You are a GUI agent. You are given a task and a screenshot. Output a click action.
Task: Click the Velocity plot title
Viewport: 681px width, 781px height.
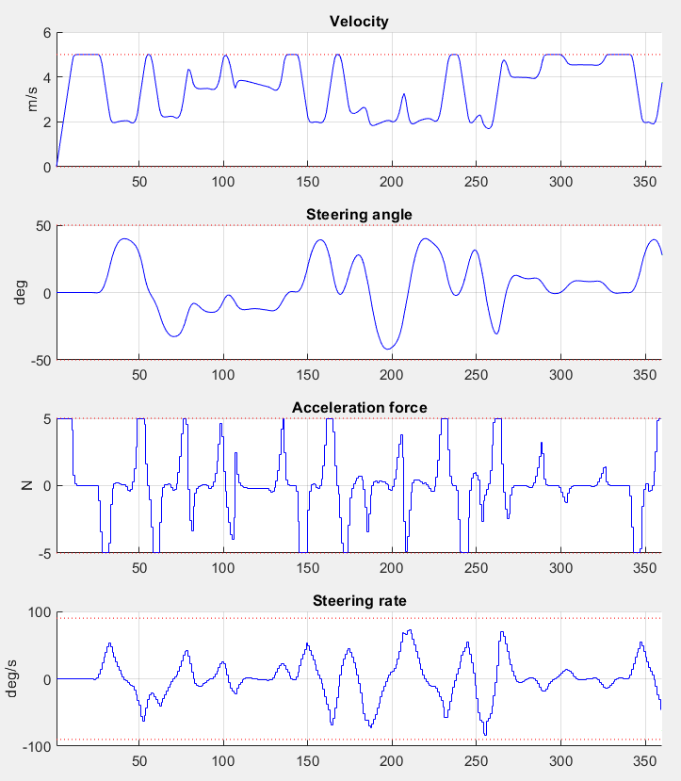coord(359,22)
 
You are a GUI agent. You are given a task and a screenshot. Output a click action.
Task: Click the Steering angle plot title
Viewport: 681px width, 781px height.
coord(359,215)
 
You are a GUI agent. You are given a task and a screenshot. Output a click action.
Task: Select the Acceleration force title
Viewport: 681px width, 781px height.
coord(359,407)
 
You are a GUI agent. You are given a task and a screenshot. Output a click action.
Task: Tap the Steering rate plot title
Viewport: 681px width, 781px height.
coord(359,600)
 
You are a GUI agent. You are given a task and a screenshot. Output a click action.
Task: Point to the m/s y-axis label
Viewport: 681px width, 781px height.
coord(33,99)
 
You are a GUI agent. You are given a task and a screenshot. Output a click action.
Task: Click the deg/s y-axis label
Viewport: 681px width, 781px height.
coord(20,678)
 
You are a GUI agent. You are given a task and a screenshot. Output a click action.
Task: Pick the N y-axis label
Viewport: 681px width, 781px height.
coord(27,485)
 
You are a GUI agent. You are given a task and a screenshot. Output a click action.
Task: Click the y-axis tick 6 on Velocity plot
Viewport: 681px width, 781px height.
coord(45,32)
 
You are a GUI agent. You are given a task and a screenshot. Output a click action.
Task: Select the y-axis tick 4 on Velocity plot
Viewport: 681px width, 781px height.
coord(45,77)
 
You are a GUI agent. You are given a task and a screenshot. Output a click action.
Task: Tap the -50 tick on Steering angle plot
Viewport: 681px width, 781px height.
coord(40,360)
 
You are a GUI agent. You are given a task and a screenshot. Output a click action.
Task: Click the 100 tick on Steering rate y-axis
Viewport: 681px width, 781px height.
coord(39,611)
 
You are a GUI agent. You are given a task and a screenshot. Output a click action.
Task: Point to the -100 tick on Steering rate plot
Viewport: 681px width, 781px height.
coord(36,746)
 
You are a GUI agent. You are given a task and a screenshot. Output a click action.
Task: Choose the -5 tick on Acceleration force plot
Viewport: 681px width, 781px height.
coord(42,553)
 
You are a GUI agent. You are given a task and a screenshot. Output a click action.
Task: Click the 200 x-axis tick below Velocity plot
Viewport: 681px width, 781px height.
coord(391,180)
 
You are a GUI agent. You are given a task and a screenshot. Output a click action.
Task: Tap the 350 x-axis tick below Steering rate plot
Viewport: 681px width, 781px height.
coord(644,758)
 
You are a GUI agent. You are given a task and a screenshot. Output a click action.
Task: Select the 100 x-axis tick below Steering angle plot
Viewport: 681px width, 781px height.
coord(223,373)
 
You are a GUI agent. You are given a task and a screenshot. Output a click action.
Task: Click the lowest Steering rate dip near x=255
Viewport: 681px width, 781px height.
coord(486,735)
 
